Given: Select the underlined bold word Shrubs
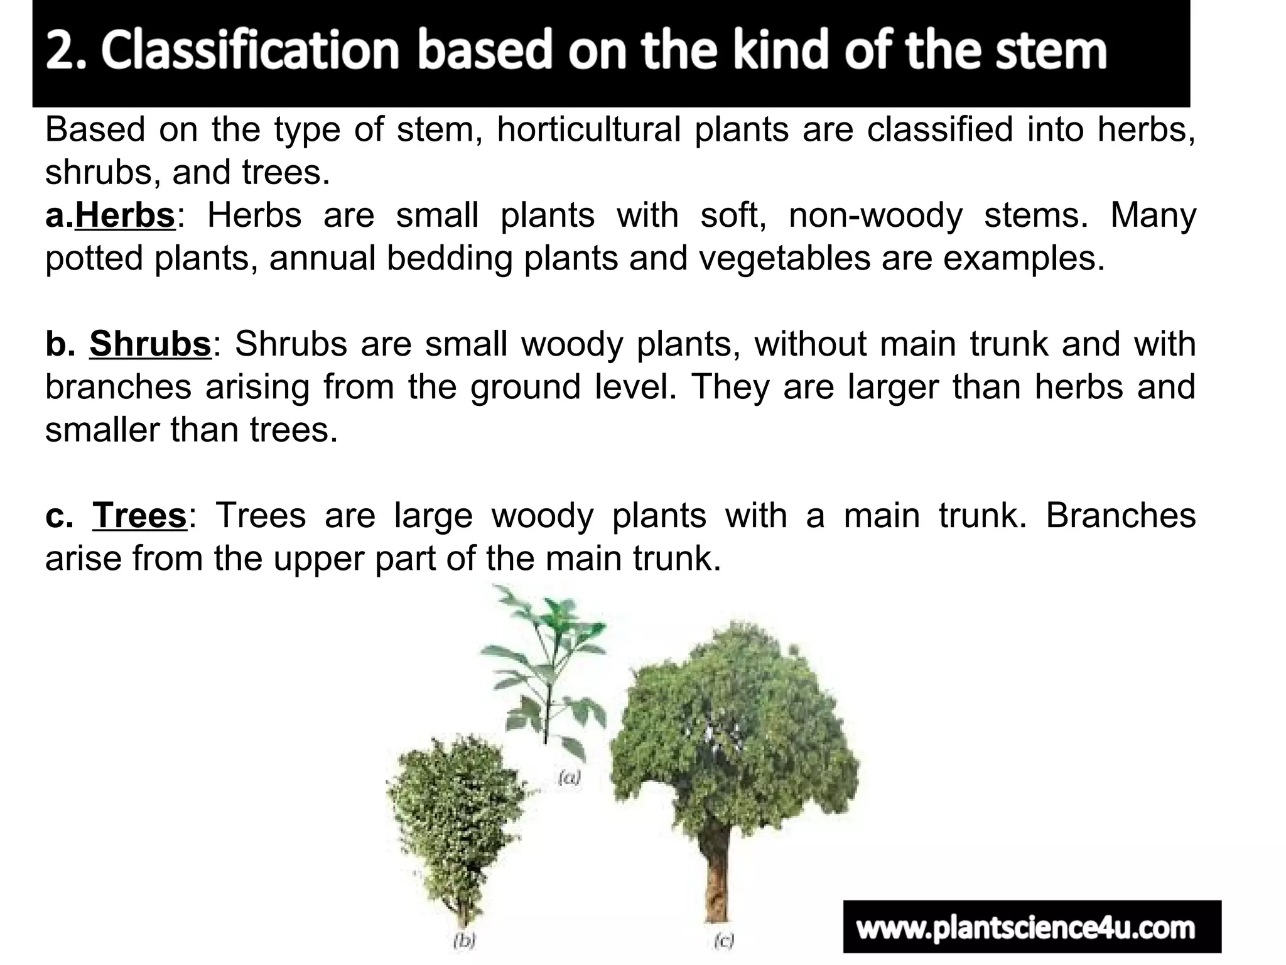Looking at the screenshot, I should point(150,344).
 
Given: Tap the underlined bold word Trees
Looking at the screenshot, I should point(139,516).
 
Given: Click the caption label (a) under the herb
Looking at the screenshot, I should point(570,778).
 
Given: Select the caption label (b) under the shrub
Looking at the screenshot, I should point(465,940).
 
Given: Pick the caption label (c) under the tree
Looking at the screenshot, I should point(724,940).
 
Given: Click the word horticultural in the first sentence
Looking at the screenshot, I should point(588,130).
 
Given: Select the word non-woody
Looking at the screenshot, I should point(875,215).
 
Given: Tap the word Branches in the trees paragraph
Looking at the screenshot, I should point(1120,516).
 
